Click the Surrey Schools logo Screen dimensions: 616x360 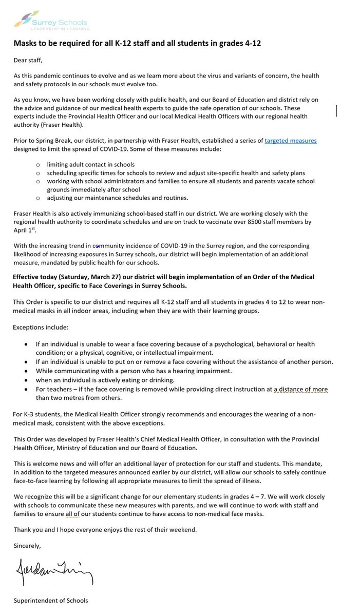click(51, 21)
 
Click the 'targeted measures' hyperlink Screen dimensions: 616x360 click(290, 140)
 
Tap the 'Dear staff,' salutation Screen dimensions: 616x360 click(30, 60)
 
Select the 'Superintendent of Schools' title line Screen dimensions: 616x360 click(51, 601)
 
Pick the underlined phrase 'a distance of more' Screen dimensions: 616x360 click(300, 390)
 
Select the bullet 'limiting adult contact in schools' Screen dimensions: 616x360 click(91, 164)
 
